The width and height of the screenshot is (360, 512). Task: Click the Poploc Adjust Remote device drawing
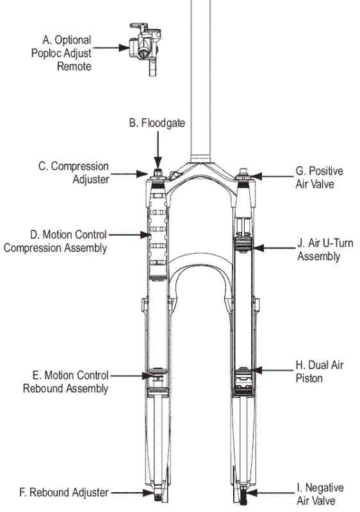coord(145,46)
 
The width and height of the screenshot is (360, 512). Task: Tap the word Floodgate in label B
coord(163,123)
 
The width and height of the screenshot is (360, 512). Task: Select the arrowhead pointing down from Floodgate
coord(158,162)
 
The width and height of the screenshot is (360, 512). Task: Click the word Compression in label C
coord(80,167)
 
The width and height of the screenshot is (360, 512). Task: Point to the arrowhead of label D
coord(145,235)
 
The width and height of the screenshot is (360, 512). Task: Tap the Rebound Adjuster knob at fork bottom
coord(159,495)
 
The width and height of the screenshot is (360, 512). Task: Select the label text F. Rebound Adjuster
coord(64,492)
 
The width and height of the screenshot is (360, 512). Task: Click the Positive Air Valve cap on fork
coord(243,174)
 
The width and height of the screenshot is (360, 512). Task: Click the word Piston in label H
coord(309,379)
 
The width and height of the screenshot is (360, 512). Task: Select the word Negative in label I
coord(324,488)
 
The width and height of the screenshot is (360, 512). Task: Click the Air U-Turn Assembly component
coord(244,244)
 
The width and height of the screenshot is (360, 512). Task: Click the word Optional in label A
coord(73,40)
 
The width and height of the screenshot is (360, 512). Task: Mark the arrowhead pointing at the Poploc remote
coord(124,47)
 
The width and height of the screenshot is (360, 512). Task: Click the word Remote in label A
coord(74,66)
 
